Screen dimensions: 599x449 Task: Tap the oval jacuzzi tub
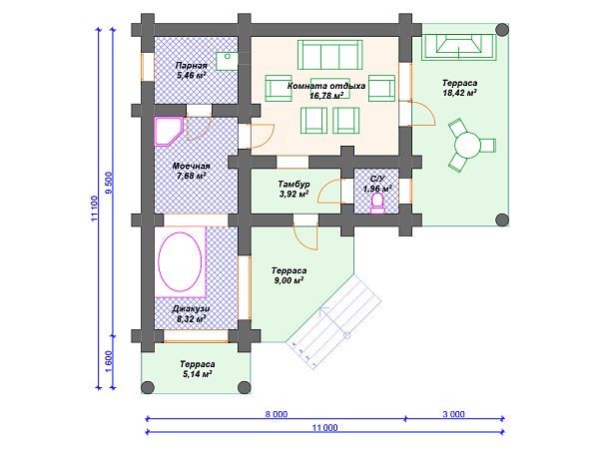180,261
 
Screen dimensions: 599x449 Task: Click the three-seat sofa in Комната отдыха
330,55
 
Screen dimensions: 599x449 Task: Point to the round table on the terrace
467,145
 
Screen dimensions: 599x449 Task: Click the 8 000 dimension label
277,415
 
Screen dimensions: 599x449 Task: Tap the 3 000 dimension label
454,415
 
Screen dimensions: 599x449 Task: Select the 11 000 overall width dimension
325,428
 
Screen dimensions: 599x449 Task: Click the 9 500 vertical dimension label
109,183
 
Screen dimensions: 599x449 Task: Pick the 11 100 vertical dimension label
95,209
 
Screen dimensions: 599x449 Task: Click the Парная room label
191,66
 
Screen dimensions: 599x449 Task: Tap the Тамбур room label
294,184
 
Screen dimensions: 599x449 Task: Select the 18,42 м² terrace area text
459,93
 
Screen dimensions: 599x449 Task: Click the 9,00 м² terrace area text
288,280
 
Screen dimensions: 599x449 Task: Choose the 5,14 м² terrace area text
197,374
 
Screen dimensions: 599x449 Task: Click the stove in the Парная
227,61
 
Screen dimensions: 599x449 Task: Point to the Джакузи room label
191,309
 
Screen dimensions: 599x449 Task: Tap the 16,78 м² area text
326,96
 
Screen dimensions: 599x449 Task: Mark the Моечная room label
191,166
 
